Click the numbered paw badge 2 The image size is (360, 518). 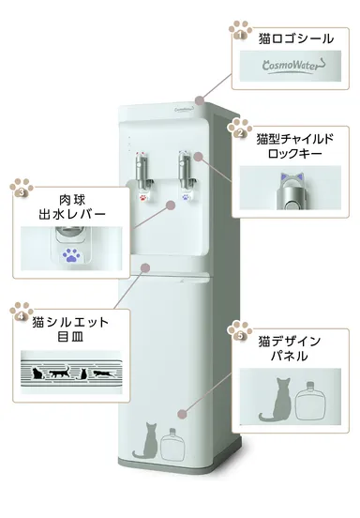tap(239, 132)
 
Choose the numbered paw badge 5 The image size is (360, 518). tap(241, 333)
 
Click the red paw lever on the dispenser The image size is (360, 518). tap(142, 197)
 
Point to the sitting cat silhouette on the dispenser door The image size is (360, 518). tap(145, 441)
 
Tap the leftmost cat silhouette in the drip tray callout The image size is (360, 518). tap(38, 375)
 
